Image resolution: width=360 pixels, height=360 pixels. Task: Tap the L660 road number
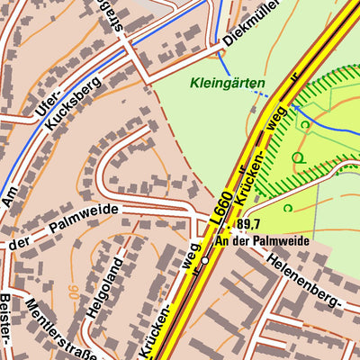[223, 206]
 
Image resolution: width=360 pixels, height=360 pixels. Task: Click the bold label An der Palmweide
[262, 241]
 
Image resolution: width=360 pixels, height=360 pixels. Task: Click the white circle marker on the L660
[205, 260]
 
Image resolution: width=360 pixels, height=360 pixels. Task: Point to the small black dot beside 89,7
[232, 226]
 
